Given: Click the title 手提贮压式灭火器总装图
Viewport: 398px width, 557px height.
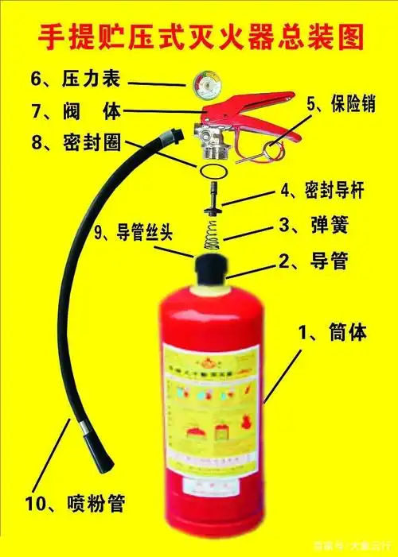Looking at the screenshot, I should click(x=199, y=37).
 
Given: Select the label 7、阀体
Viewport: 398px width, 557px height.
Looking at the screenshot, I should click(x=68, y=110).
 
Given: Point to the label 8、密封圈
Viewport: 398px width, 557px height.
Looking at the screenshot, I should click(x=68, y=142).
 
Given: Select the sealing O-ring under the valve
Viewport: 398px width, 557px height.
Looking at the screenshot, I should click(x=212, y=171).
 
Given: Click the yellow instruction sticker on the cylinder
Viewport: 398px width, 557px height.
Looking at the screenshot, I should click(x=210, y=405).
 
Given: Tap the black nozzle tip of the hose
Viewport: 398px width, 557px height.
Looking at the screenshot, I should click(x=88, y=446).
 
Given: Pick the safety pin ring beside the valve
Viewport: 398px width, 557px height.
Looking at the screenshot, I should click(x=274, y=147).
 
